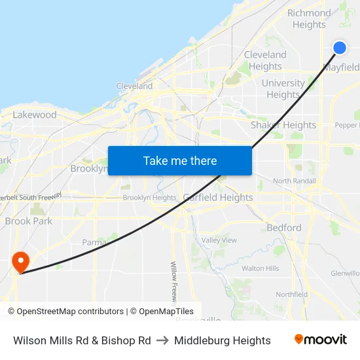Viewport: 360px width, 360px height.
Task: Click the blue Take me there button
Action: coord(180,160)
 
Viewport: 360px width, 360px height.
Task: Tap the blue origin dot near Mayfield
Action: coord(340,47)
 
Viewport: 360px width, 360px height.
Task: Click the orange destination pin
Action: coord(21,262)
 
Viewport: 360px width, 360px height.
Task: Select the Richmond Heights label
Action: coord(309,19)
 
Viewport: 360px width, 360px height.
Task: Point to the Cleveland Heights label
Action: coord(265,60)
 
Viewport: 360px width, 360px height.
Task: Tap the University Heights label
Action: coord(283,89)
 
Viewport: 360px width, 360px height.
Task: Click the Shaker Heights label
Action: coord(283,125)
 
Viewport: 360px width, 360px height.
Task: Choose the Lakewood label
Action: coord(35,115)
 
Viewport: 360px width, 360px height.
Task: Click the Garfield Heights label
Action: coord(218,197)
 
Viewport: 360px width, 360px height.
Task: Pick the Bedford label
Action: coord(284,228)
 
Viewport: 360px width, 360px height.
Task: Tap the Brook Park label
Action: coord(28,221)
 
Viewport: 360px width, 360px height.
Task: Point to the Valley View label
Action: coord(219,240)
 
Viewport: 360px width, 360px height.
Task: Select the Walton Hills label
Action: coord(261,268)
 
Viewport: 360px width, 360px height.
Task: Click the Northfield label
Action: coord(292,295)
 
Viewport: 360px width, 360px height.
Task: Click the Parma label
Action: coord(94,242)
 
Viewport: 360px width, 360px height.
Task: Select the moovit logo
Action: coord(320,340)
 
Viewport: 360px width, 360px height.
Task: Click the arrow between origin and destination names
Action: coord(162,340)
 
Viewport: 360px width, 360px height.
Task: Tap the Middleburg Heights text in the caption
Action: coord(223,340)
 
